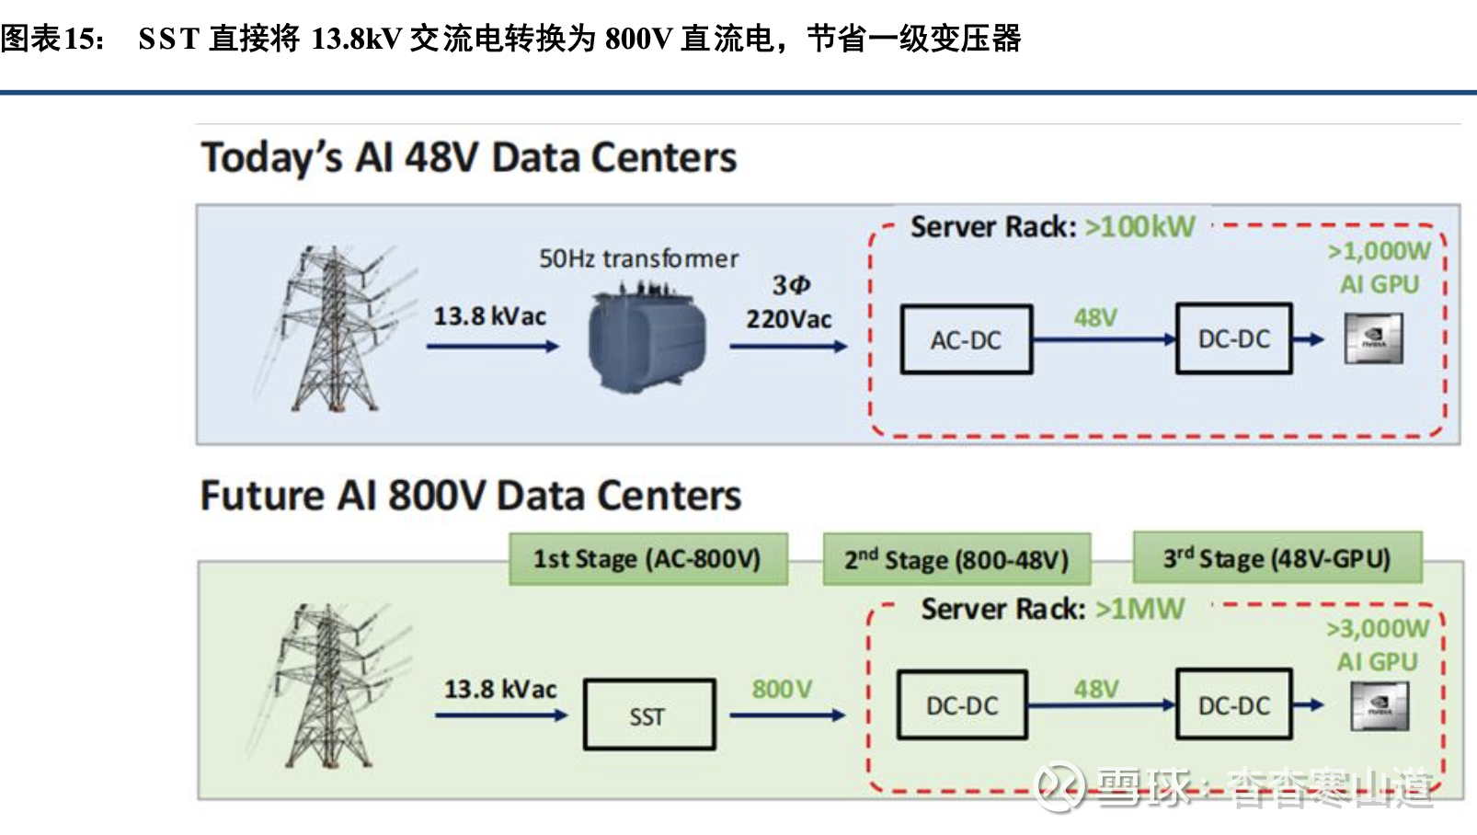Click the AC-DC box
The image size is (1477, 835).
point(966,339)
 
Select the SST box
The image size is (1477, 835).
point(648,715)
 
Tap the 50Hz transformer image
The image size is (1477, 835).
point(647,337)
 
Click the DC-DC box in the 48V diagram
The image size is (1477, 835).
point(1233,339)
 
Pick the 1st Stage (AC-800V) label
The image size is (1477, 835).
point(647,558)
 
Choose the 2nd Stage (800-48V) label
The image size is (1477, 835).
point(956,559)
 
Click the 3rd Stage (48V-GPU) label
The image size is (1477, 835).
point(1277,557)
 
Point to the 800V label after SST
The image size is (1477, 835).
point(782,689)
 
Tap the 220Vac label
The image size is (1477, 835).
point(788,319)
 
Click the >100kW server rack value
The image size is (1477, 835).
point(1139,226)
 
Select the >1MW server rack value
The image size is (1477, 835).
point(1139,609)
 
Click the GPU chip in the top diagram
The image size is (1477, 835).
point(1373,338)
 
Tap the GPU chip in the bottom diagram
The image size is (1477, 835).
point(1379,706)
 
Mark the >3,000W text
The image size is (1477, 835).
point(1377,629)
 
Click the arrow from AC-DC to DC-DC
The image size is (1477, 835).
point(1104,339)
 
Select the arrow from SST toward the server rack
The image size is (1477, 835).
point(786,715)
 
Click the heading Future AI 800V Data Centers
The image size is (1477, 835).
point(470,496)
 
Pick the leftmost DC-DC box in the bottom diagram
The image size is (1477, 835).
point(961,705)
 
